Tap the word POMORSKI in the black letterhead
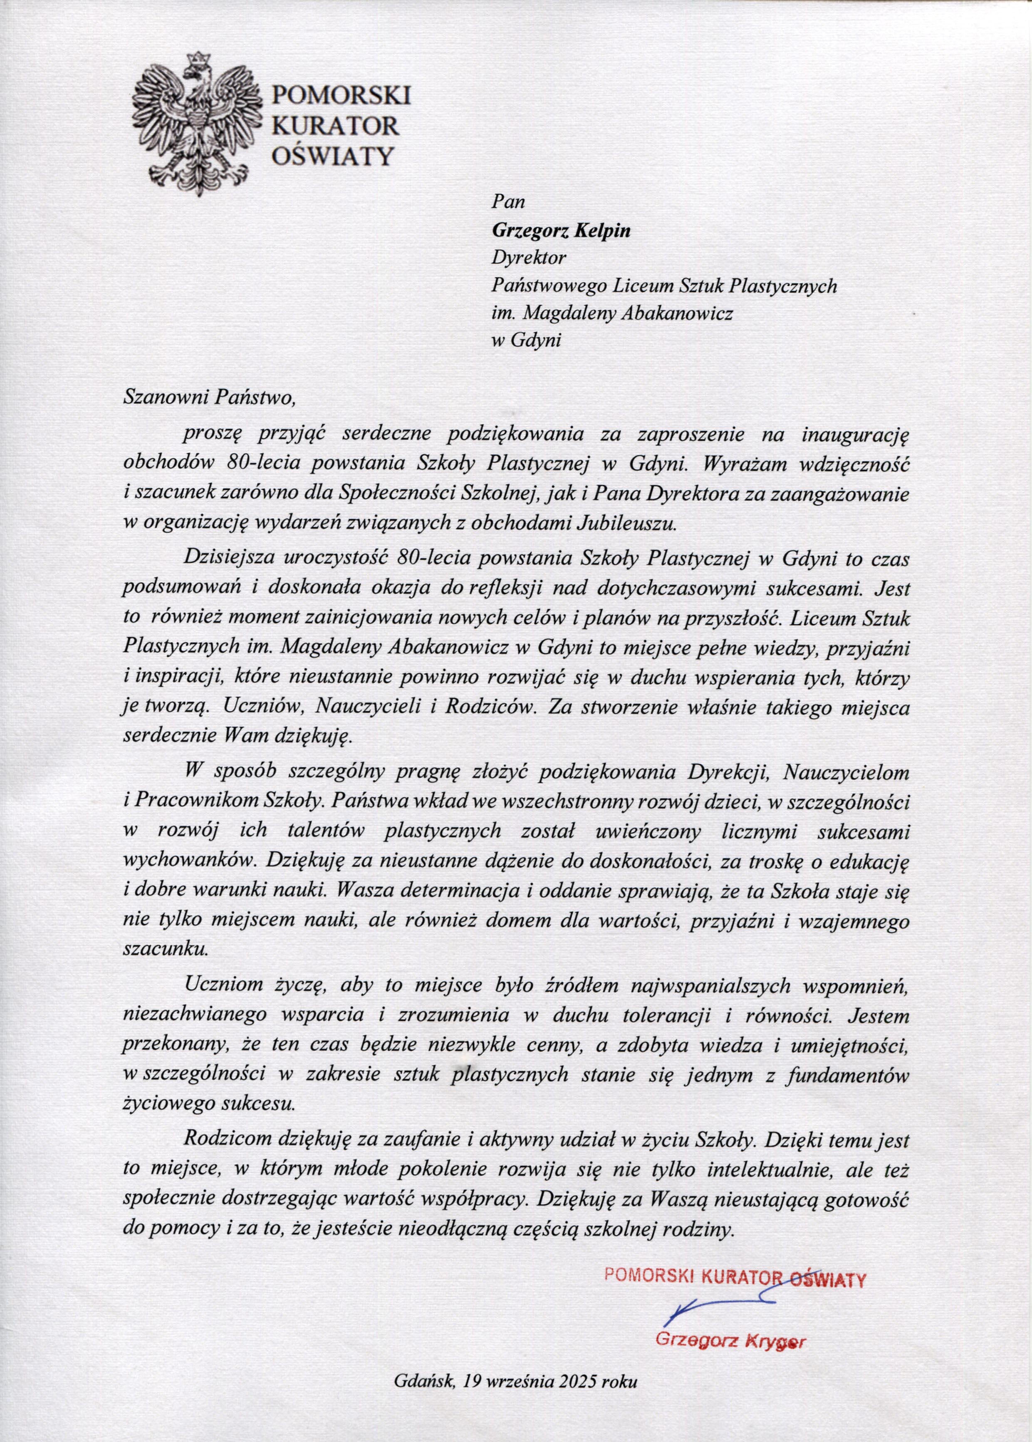(x=341, y=95)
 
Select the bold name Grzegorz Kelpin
(x=562, y=231)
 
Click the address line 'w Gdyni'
(x=527, y=340)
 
